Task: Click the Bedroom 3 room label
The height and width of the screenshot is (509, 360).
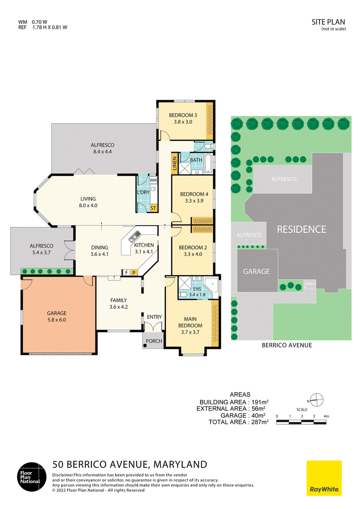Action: pos(183,115)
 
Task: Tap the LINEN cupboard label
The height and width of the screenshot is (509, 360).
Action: pos(175,163)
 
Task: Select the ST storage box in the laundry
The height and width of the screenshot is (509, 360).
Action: pos(153,208)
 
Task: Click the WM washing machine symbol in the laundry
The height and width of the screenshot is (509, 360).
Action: pos(153,180)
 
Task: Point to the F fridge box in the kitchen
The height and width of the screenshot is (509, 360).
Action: pos(126,272)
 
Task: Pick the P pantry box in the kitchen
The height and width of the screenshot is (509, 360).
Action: pos(134,272)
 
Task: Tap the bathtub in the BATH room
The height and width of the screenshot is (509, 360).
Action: pos(208,163)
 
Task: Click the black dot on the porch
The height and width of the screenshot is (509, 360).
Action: pos(145,345)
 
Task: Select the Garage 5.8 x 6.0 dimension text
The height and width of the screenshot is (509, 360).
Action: pos(57,320)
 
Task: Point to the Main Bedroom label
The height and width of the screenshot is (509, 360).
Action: pos(190,322)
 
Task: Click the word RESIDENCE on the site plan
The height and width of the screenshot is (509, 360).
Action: pos(301,229)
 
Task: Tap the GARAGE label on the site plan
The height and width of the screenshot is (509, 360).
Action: pos(256,272)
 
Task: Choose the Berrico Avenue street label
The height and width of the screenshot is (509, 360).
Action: pos(287,345)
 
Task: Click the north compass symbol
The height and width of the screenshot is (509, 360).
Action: pos(316,400)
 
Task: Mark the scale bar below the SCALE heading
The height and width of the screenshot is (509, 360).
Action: pos(301,422)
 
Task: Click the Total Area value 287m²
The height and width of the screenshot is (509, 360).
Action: pos(260,422)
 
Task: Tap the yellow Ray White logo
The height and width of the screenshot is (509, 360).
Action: pos(324,478)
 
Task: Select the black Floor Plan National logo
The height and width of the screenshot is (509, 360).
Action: pos(32,477)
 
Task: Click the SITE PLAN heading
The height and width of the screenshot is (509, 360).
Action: pos(328,22)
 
